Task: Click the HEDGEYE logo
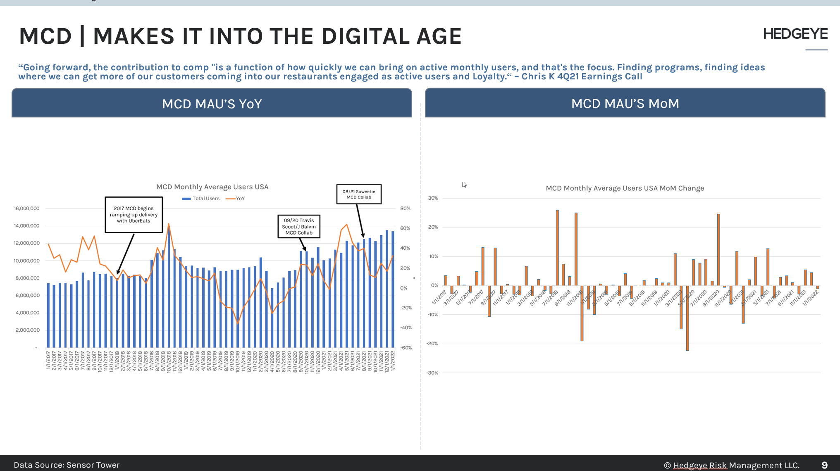(795, 34)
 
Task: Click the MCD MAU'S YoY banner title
(212, 104)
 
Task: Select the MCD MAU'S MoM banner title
(625, 103)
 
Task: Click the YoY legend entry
(236, 198)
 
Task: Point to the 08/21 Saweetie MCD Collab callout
(359, 194)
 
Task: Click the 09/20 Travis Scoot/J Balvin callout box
(299, 227)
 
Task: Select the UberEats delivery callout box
(134, 215)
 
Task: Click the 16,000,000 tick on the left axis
(27, 208)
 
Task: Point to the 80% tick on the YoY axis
(405, 208)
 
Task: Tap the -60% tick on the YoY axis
(406, 348)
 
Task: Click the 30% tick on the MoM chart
(433, 198)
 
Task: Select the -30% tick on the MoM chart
(432, 373)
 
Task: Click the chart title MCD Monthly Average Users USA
(212, 187)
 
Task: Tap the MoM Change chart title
(625, 188)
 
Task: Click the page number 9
(824, 465)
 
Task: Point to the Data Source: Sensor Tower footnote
(67, 465)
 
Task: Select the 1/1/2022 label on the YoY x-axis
(393, 361)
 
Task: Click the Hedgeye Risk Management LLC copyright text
(732, 465)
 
